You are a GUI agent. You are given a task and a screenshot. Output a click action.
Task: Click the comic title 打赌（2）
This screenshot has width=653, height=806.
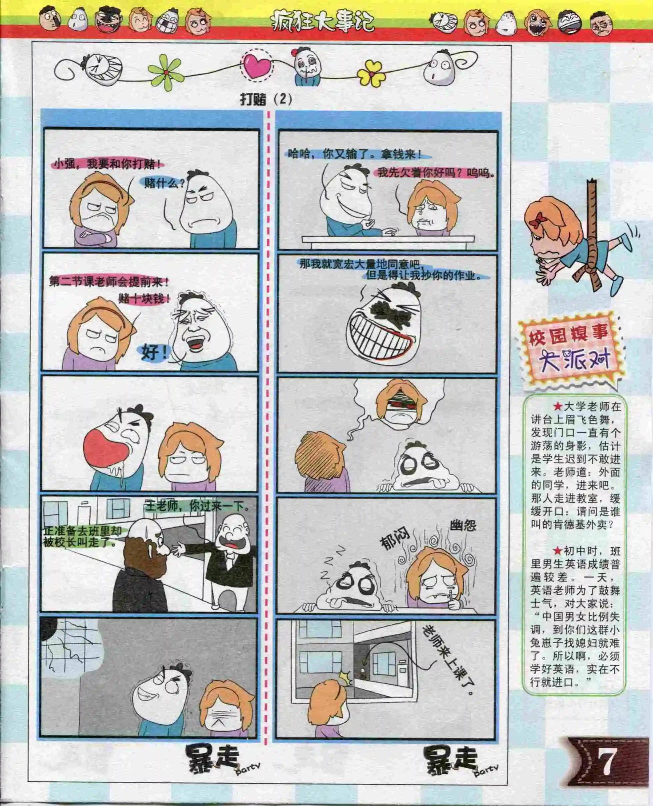[x=266, y=100]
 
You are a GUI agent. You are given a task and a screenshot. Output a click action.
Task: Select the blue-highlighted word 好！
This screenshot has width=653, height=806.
[x=153, y=353]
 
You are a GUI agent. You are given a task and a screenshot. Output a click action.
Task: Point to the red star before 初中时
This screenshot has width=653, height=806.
[x=557, y=551]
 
